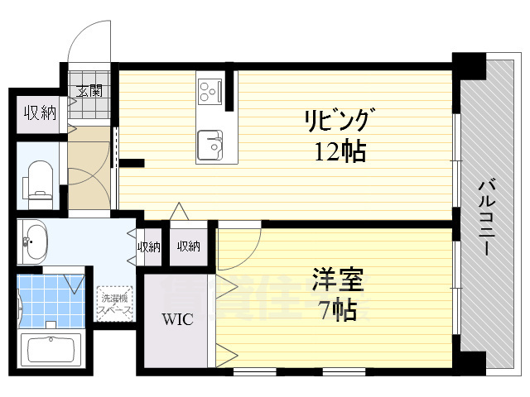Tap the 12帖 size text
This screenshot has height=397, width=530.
tap(339, 152)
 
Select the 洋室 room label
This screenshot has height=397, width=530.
tap(338, 281)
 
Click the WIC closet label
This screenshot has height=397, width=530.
tap(177, 318)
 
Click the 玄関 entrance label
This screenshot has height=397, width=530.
tap(89, 91)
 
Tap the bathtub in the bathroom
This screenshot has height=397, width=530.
tap(52, 350)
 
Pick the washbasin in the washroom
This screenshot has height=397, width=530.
tap(35, 242)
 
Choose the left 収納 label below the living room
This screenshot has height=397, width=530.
tap(149, 246)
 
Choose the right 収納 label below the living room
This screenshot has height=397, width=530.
tap(188, 246)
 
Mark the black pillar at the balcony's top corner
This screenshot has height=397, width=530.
tap(469, 65)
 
